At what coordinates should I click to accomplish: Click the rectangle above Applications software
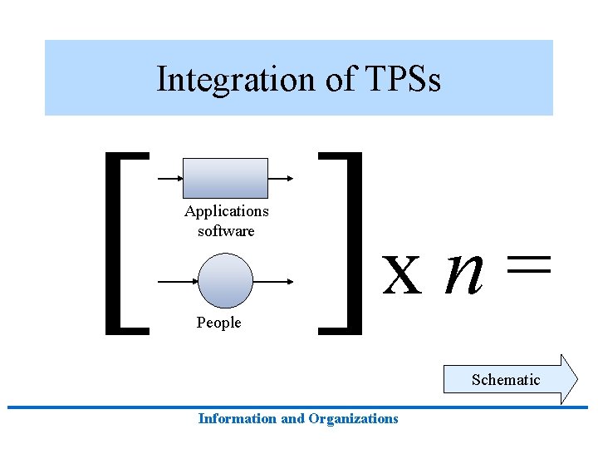[226, 178]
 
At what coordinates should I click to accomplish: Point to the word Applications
[227, 211]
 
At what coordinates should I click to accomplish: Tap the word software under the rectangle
[226, 230]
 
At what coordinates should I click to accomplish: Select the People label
[218, 323]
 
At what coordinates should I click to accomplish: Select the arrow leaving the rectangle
[280, 178]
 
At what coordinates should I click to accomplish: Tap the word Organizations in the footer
[353, 419]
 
